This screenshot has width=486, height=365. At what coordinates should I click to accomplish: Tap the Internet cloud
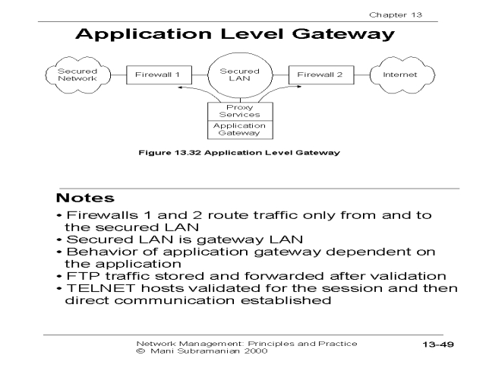pos(399,75)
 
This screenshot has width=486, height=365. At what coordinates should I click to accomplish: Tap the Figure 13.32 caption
pos(238,152)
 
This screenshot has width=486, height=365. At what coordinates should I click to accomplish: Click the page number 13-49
pos(438,344)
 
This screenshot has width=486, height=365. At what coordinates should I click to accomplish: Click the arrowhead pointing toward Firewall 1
pos(179,88)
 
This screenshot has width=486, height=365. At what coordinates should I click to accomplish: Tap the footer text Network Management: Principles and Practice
pos(246,343)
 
